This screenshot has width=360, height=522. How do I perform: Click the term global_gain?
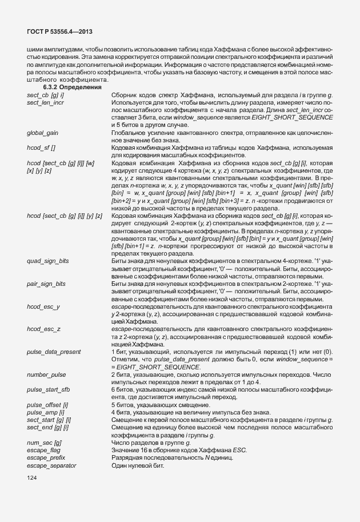click(42, 133)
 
